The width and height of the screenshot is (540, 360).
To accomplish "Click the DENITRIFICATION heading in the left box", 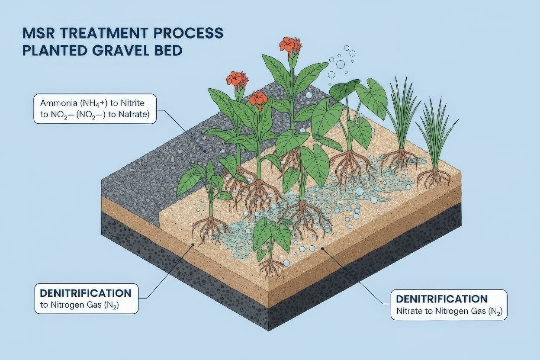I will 86,293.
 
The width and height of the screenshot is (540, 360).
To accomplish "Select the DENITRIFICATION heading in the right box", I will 442,299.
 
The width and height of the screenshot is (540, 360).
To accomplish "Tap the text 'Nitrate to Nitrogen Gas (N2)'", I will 449,311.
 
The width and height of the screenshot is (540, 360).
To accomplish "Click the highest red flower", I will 289,44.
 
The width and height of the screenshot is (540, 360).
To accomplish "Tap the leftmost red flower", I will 237,79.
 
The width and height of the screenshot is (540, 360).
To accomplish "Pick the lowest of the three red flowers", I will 259,99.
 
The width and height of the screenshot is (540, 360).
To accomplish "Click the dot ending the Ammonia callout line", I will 205,151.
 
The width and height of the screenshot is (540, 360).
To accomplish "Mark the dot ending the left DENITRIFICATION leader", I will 193,244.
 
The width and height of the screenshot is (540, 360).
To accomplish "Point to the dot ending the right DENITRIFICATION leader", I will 322,248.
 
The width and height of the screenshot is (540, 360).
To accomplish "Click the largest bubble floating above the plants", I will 341,64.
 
